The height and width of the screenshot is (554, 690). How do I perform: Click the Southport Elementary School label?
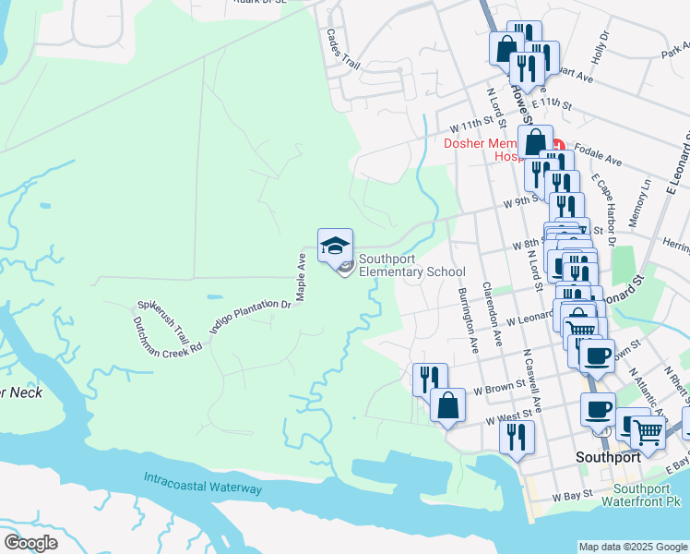pyautogui.click(x=411, y=265)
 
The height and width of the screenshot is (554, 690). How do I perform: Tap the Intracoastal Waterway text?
pyautogui.click(x=203, y=483)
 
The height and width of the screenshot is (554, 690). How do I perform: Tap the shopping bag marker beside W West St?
pyautogui.click(x=447, y=406)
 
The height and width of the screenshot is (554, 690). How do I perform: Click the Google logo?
pyautogui.click(x=30, y=542)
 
